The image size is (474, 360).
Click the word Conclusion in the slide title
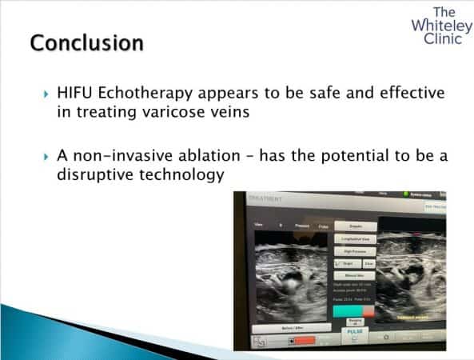pyautogui.click(x=87, y=42)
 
